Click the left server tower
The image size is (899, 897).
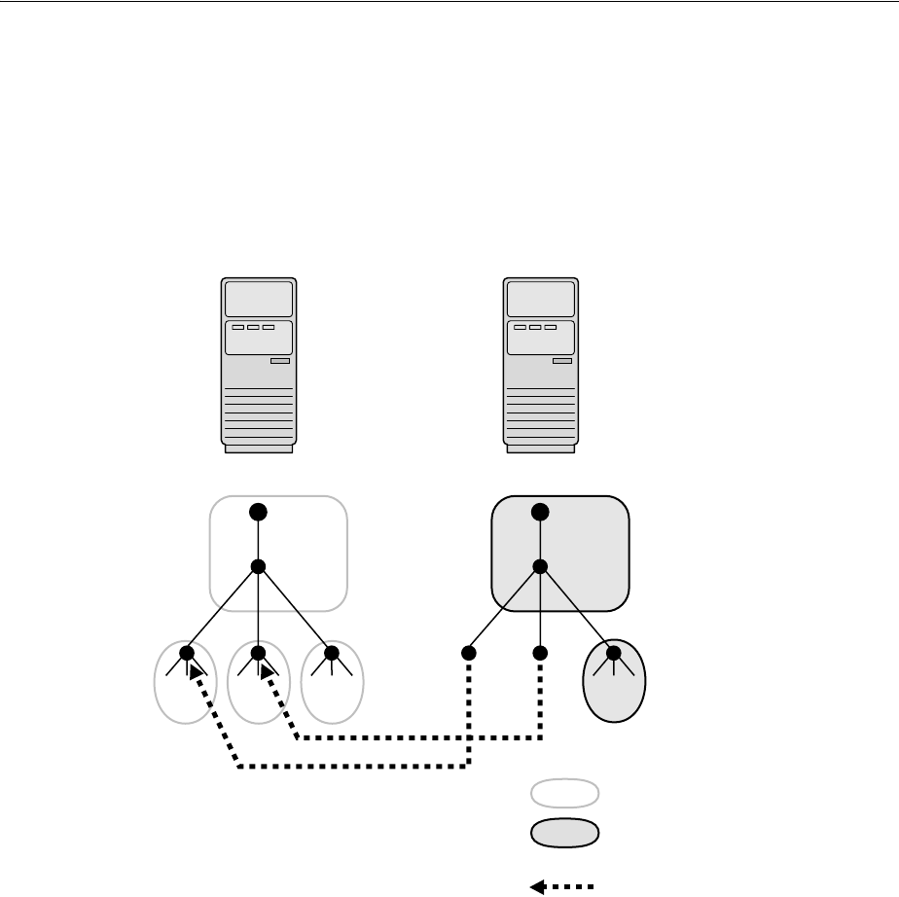click(258, 366)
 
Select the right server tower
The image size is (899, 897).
click(540, 366)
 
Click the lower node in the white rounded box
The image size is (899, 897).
click(258, 567)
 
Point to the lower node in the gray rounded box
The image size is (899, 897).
click(540, 567)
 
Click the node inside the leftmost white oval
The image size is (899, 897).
click(188, 653)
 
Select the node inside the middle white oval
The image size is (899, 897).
click(258, 653)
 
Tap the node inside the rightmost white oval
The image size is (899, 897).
click(331, 653)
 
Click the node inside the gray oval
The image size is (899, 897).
click(613, 653)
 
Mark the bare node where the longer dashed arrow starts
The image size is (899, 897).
click(468, 653)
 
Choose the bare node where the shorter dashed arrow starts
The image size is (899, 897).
click(540, 653)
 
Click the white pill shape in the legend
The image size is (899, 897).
click(564, 794)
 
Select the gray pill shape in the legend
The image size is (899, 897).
click(564, 834)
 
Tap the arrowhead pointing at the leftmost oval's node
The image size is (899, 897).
click(198, 671)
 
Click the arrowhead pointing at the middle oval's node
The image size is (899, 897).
click(268, 671)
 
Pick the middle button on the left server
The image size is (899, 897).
click(253, 327)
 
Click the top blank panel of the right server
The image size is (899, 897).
click(540, 299)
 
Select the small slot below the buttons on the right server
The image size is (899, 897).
click(561, 361)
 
